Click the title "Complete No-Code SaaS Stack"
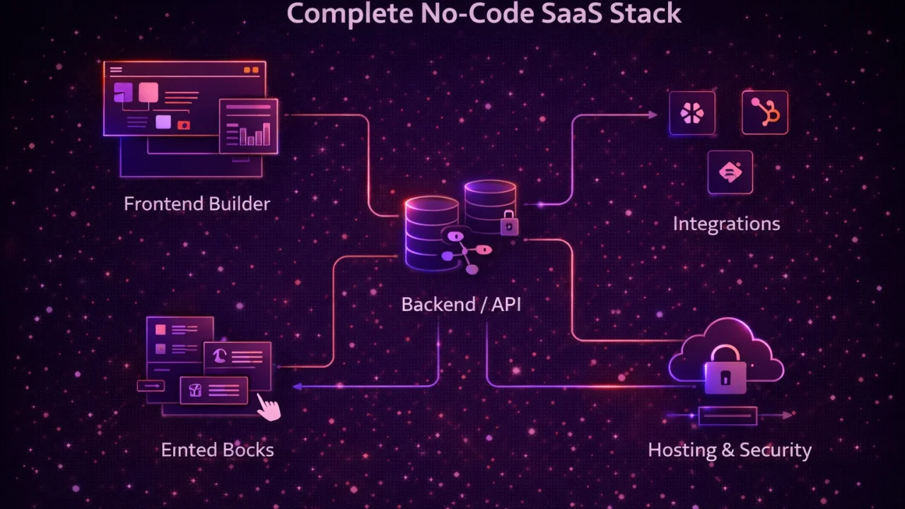coord(484,13)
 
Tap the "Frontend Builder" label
coord(197,204)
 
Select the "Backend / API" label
coord(461,305)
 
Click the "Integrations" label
coord(726,224)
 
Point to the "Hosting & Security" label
coord(730,450)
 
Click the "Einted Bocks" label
coord(217,450)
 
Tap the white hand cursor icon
coord(268,407)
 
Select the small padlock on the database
coord(509,224)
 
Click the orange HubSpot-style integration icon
coord(765,112)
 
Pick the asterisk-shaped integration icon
coord(691,113)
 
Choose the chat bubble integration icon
coord(730,172)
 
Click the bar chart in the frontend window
coord(255,134)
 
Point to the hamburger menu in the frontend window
coord(116,70)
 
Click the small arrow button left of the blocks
coord(150,386)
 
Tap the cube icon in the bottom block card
coord(196,390)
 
